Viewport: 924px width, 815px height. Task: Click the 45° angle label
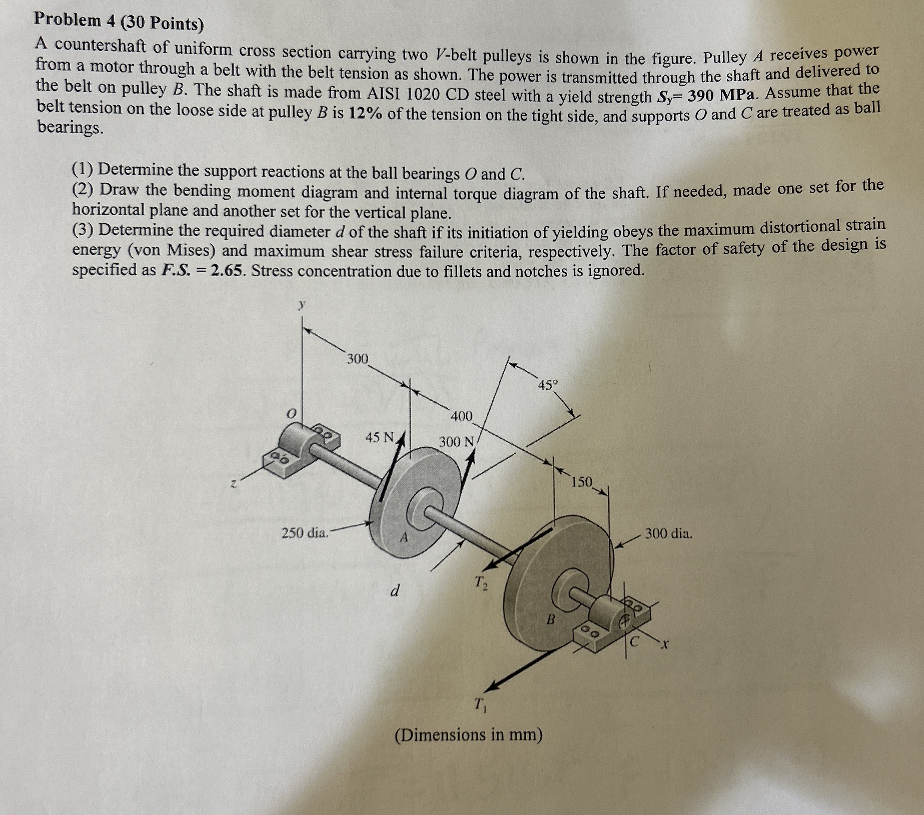(548, 385)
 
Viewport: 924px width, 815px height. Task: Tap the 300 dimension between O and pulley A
(357, 359)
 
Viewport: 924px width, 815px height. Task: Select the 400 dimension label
(462, 416)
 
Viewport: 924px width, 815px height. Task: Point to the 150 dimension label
(582, 482)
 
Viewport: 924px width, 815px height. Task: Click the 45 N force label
(380, 437)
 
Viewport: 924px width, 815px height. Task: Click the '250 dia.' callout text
(305, 533)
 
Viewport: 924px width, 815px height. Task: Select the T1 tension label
(480, 704)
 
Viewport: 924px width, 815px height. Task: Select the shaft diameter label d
(395, 590)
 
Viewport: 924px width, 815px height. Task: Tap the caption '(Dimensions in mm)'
(468, 735)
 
